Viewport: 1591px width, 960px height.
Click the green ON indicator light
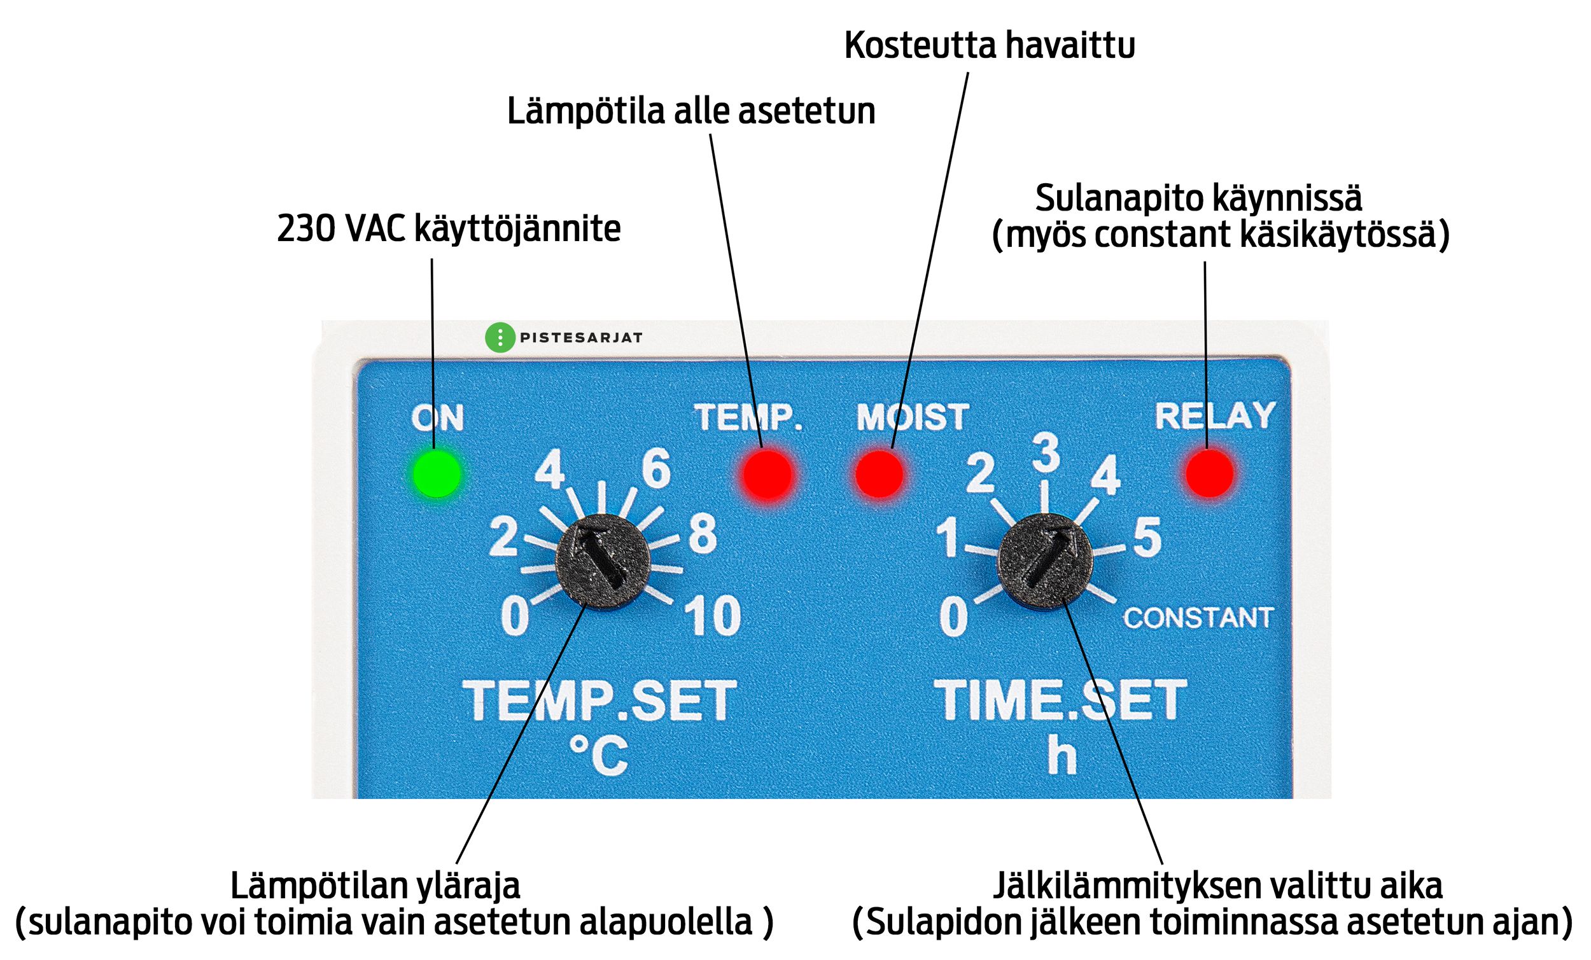[x=437, y=474]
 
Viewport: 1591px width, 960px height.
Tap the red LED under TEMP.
[x=767, y=475]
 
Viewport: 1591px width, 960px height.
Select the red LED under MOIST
[x=880, y=475]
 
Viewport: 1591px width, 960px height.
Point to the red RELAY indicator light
[x=1209, y=473]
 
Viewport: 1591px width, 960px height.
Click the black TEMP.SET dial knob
[x=603, y=561]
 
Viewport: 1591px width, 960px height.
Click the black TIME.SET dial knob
[x=1045, y=561]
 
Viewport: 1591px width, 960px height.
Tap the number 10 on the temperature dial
[x=712, y=616]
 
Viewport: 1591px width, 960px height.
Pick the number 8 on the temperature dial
[x=703, y=534]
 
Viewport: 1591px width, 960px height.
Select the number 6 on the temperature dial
[x=656, y=468]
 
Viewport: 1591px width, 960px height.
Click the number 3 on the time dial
[x=1046, y=452]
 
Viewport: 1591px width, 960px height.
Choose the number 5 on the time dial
[x=1147, y=538]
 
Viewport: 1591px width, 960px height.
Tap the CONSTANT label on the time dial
[x=1198, y=618]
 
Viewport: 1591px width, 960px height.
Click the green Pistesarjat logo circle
[x=500, y=338]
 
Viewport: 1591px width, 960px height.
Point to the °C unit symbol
[x=599, y=755]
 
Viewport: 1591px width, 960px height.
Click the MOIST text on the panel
[x=913, y=417]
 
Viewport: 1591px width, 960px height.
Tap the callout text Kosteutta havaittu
[x=990, y=45]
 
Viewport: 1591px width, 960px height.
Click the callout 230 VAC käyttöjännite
[x=449, y=228]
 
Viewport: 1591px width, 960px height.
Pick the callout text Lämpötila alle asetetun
[x=691, y=111]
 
